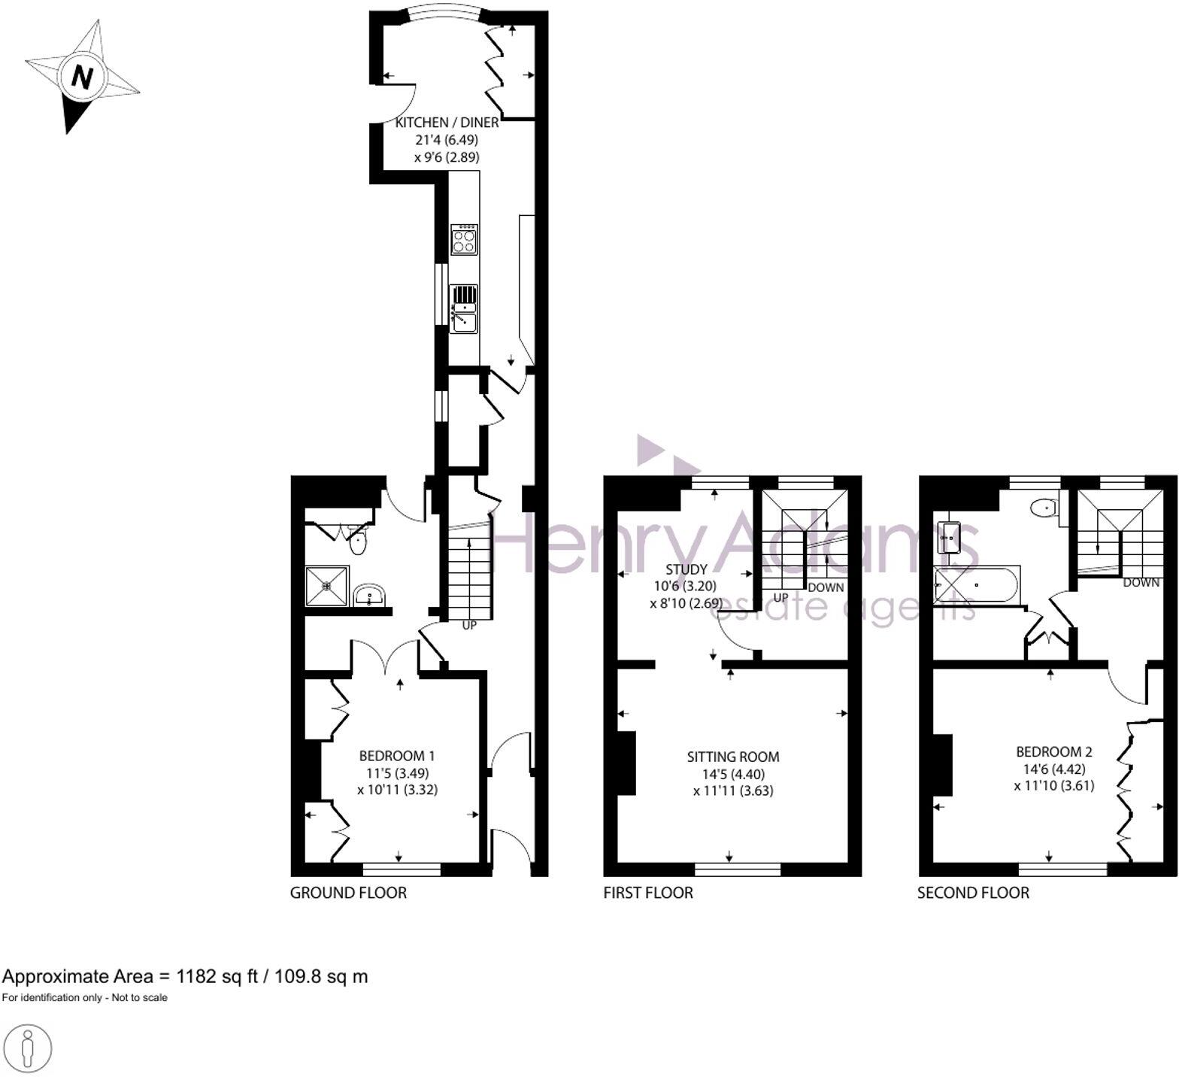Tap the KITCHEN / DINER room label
(447, 123)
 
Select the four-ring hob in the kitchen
(464, 240)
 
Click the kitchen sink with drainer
(464, 308)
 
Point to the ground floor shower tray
(327, 586)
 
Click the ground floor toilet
(358, 541)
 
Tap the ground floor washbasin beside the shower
(369, 596)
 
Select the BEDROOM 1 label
(397, 756)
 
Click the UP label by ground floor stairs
(469, 625)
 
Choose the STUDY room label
(686, 569)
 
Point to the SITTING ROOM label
(733, 757)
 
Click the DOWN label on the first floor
(826, 587)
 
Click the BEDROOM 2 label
(1054, 751)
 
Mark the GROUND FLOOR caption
(348, 893)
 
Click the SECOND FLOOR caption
(973, 893)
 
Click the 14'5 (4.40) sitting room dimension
(733, 774)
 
